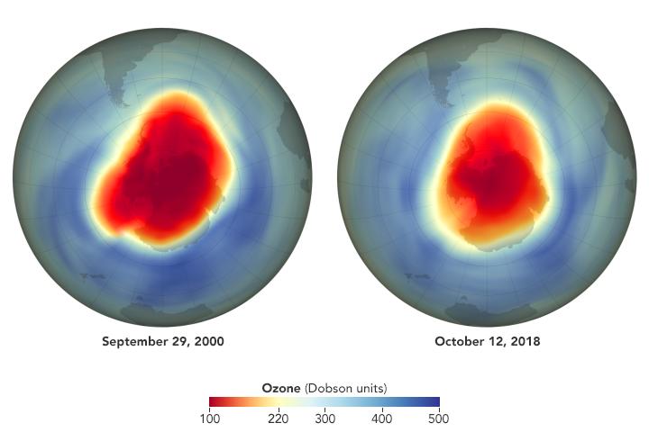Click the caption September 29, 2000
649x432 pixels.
[x=162, y=342]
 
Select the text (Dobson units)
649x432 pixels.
[x=346, y=388]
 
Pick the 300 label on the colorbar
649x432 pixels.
[x=324, y=418]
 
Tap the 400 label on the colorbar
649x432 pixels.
[x=380, y=418]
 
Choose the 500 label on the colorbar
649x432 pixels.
[x=437, y=418]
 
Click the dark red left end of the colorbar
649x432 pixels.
[x=214, y=402]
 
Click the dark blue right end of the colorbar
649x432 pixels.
[x=435, y=402]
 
